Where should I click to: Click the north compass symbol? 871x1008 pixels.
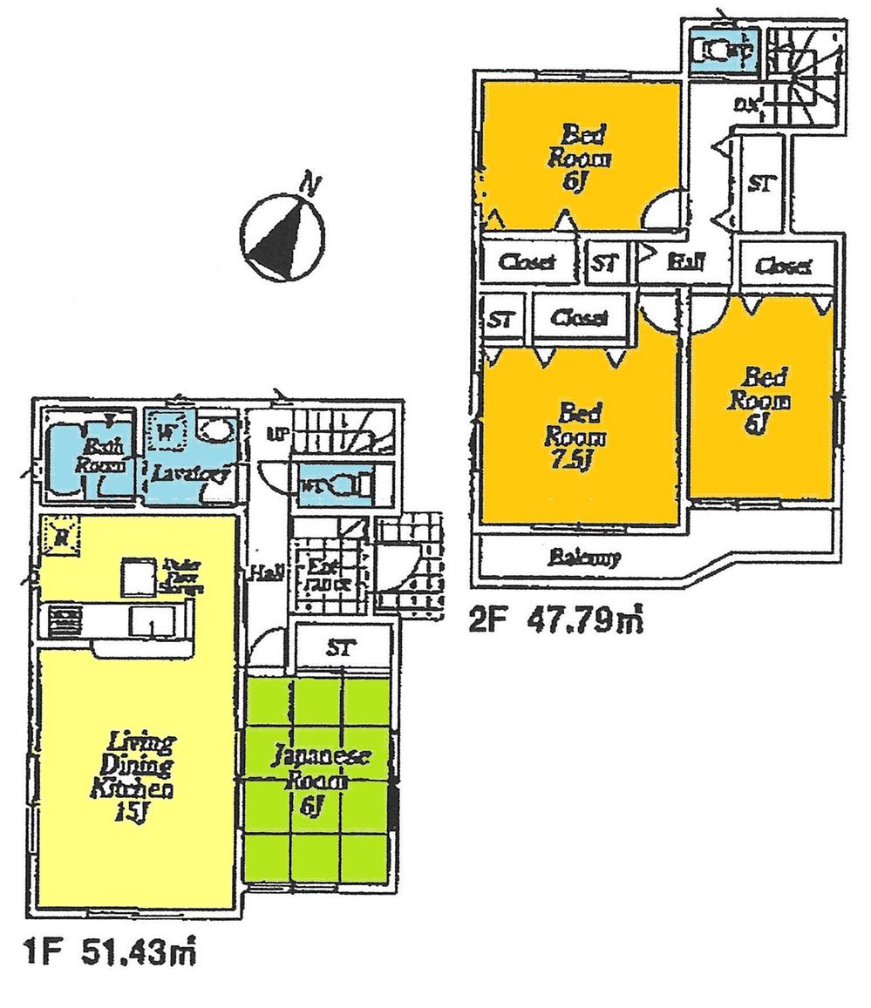pos(282,233)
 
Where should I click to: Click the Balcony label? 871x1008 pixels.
pos(585,558)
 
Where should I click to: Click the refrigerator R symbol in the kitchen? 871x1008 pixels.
pos(60,534)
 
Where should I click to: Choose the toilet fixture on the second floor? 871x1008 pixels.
pos(718,50)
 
